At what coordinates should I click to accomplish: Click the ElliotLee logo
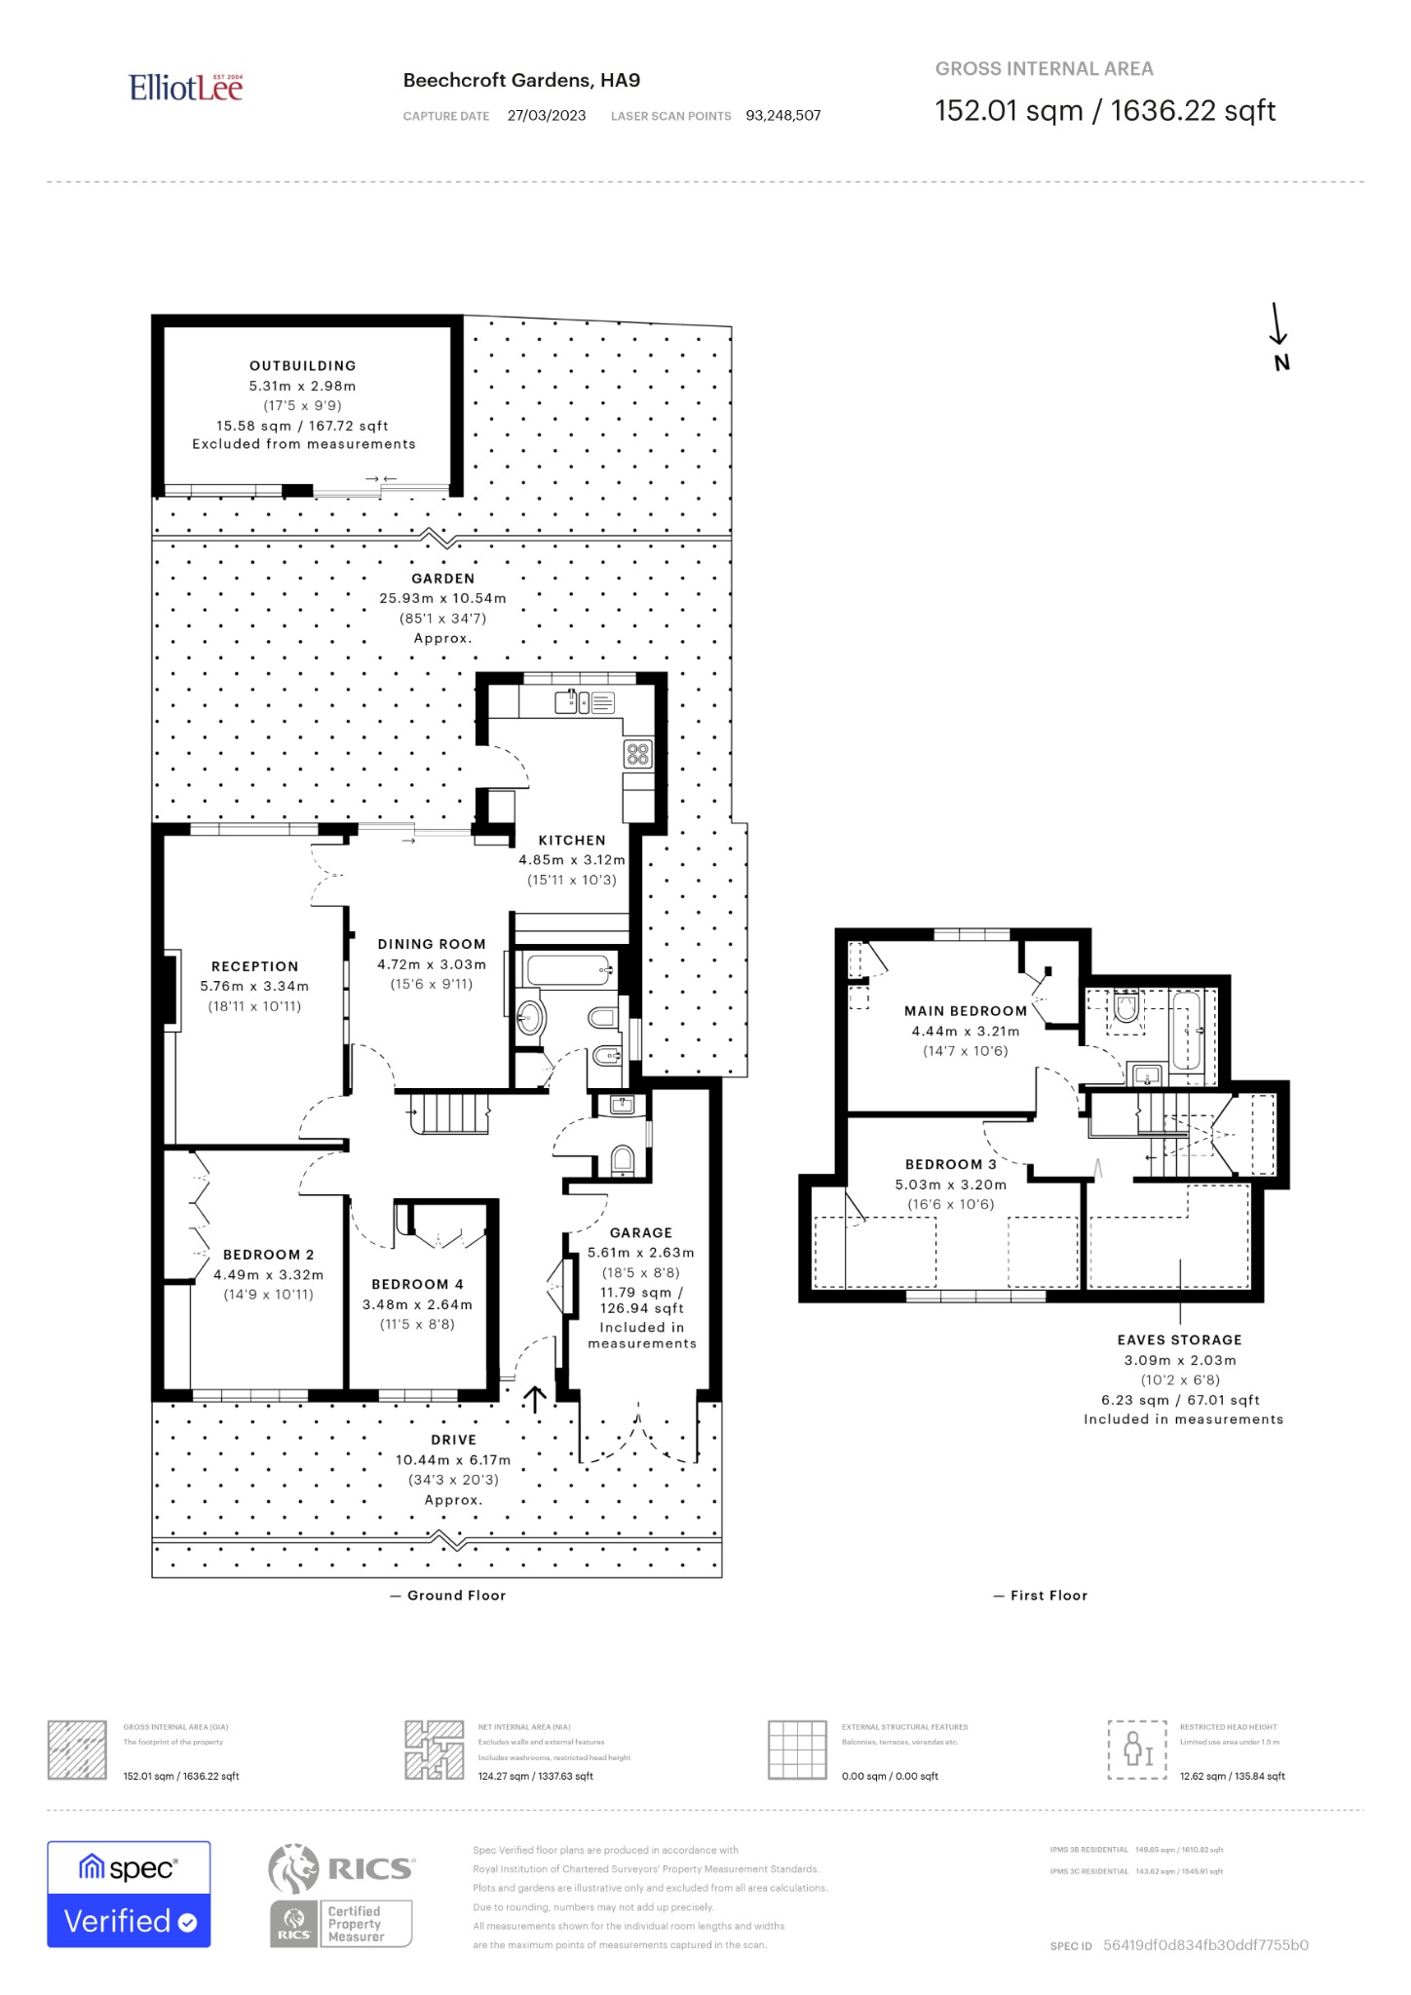click(185, 88)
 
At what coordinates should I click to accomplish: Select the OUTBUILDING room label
click(303, 366)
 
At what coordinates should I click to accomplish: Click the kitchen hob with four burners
click(638, 753)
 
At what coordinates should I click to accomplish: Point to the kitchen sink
click(569, 700)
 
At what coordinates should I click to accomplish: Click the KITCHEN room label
click(572, 840)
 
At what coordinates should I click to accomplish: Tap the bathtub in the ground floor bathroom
click(569, 970)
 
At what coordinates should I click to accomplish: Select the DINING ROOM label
click(432, 944)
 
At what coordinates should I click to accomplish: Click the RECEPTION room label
click(255, 966)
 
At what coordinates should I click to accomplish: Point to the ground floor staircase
click(449, 1112)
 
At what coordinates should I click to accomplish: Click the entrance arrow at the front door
click(534, 1400)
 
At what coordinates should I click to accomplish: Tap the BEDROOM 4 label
click(417, 1284)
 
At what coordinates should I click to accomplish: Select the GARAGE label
click(641, 1232)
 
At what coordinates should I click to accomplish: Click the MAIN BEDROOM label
click(965, 1011)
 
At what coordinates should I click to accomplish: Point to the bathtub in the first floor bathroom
click(1186, 1031)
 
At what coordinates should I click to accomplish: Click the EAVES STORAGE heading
click(1179, 1340)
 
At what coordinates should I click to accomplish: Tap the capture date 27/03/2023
click(547, 116)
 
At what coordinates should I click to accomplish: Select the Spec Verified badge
click(129, 1894)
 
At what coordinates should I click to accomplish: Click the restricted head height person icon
click(1137, 1750)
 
